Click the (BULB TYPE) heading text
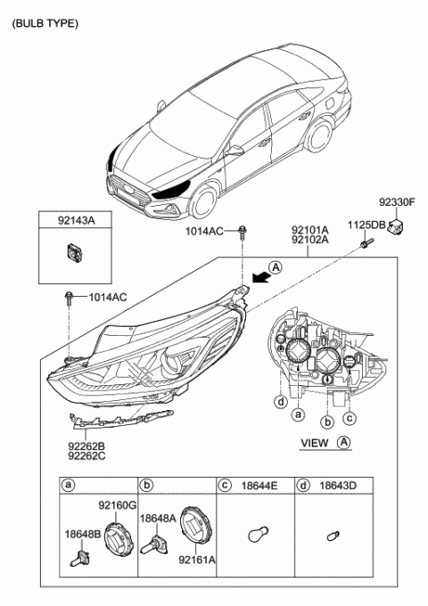(45, 24)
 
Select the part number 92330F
(399, 203)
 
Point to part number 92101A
(309, 228)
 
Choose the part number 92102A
(309, 240)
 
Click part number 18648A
(157, 517)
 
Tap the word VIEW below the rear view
(314, 443)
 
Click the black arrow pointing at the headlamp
(259, 278)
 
